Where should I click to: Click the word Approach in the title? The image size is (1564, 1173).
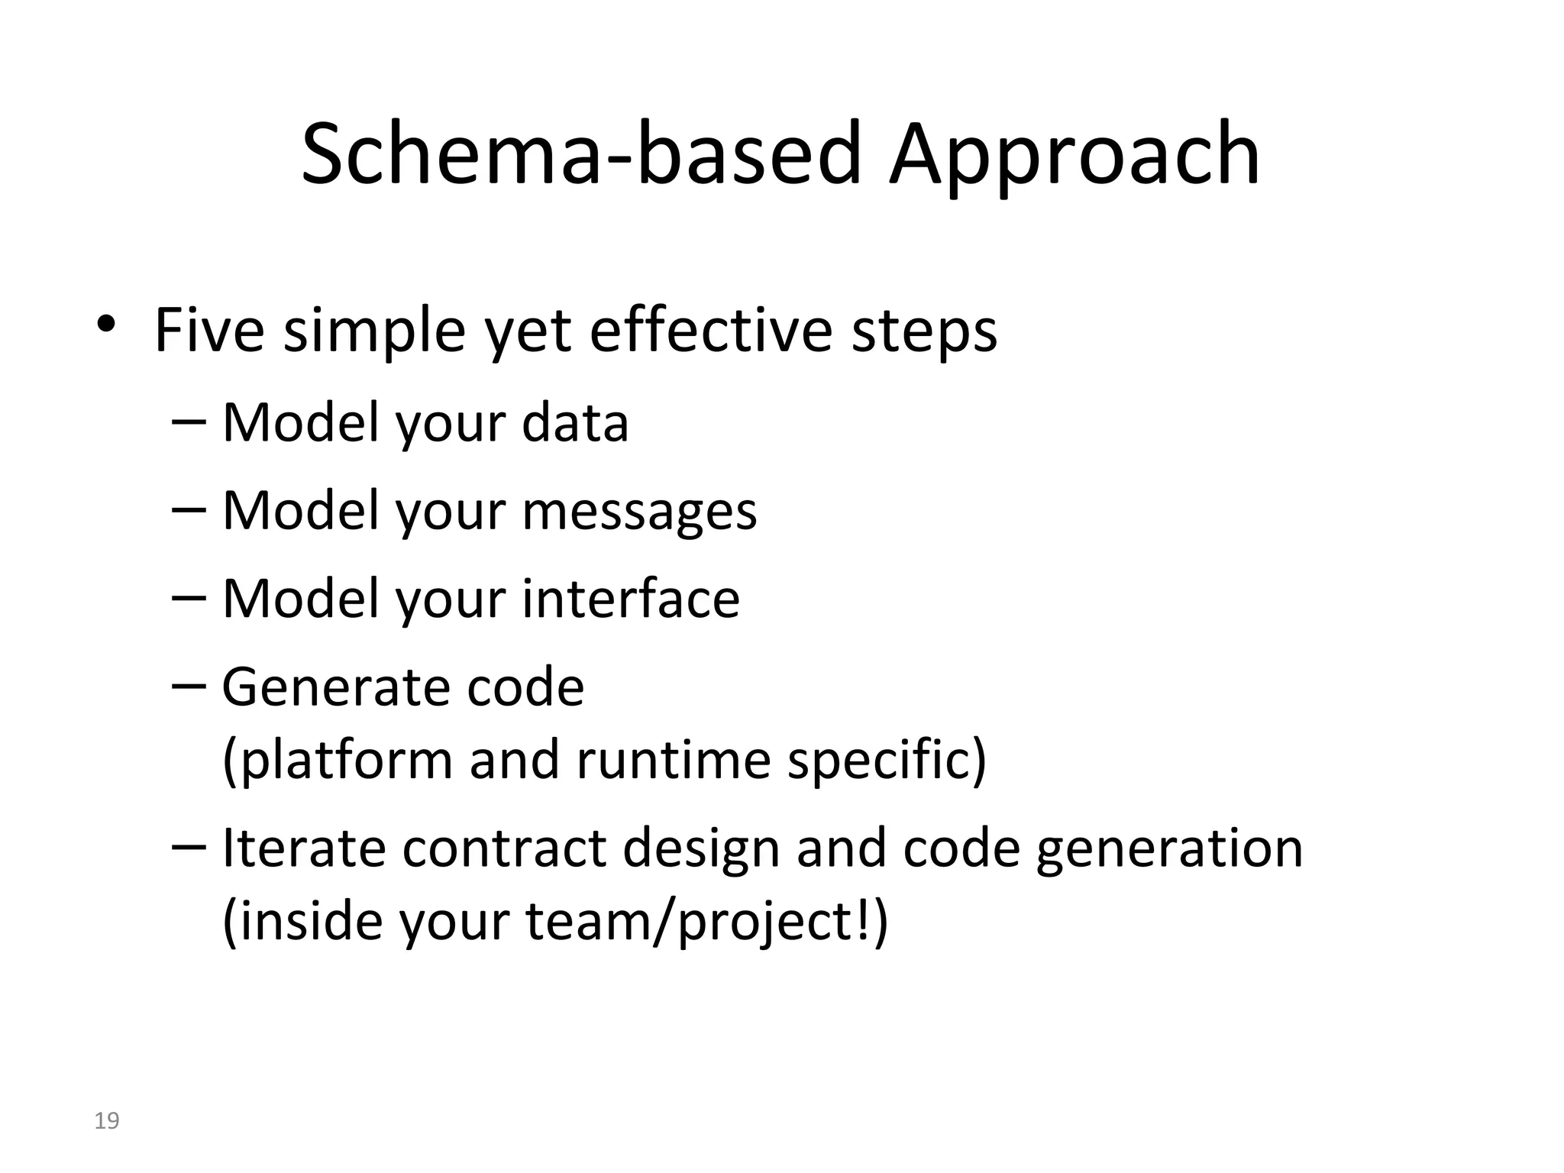pyautogui.click(x=1074, y=157)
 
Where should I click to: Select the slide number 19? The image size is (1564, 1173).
pyautogui.click(x=107, y=1121)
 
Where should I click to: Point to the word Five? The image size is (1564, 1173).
pyautogui.click(x=209, y=331)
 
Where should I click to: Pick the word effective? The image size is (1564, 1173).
pyautogui.click(x=711, y=331)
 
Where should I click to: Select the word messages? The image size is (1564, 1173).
pyautogui.click(x=639, y=512)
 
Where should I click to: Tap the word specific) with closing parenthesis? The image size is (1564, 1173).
pyautogui.click(x=887, y=761)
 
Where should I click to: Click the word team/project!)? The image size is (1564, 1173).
pyautogui.click(x=707, y=923)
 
